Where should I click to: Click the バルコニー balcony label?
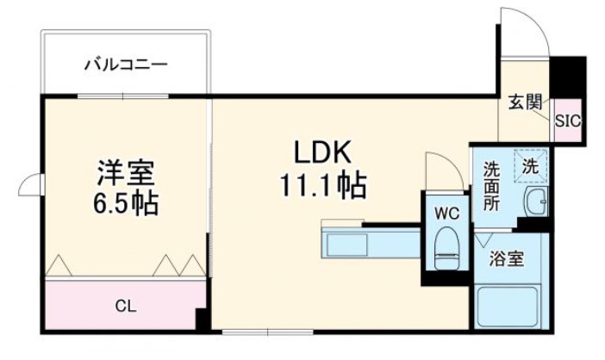[x=126, y=65]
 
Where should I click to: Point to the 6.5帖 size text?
[x=126, y=205]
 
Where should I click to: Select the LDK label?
[x=321, y=152]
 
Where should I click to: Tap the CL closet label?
[x=125, y=306]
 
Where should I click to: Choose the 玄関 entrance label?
[x=524, y=102]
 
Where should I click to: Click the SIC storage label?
[x=567, y=121]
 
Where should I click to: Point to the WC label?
[x=447, y=212]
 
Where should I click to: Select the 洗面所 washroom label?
[x=491, y=187]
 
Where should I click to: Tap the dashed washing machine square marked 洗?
[x=531, y=166]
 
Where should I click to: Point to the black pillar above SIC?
[x=568, y=77]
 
